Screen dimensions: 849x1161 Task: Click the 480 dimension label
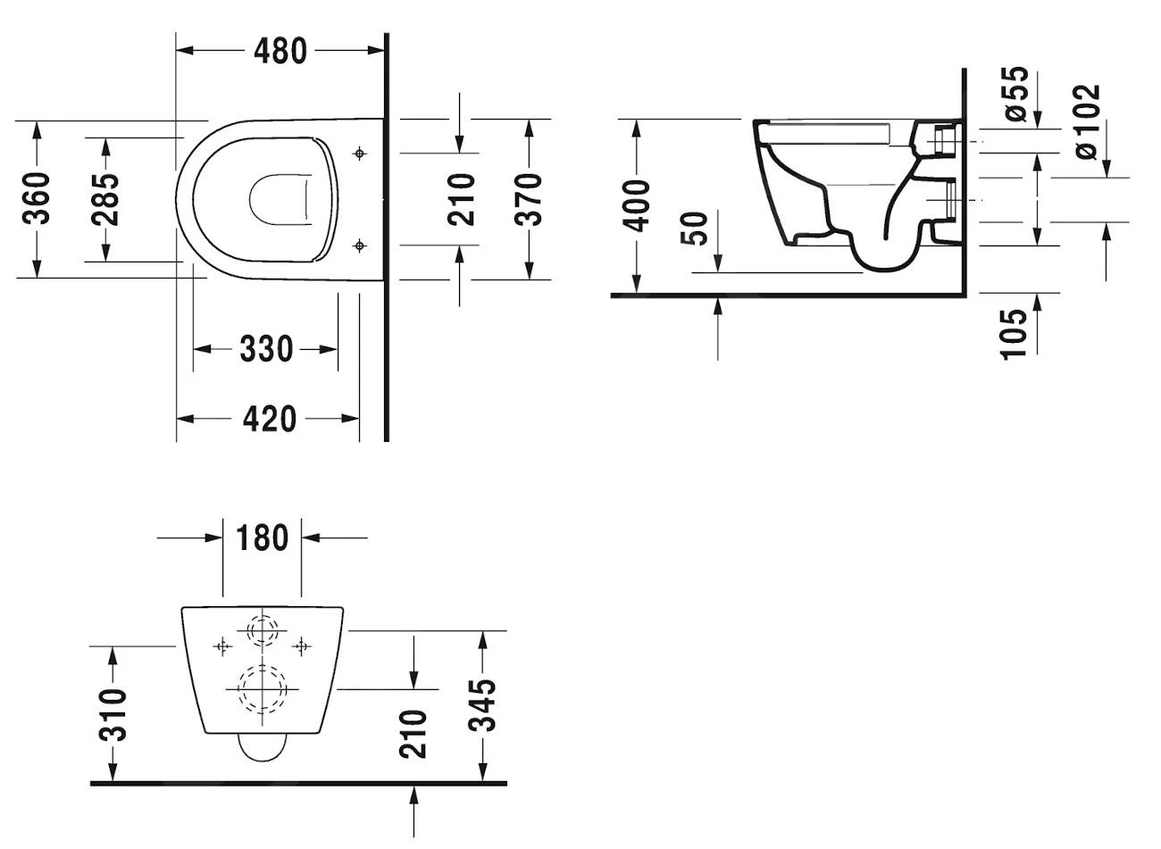[280, 51]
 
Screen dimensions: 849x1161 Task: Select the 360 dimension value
[37, 198]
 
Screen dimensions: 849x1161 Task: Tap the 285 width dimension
[105, 198]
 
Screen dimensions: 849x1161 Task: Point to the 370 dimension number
[530, 198]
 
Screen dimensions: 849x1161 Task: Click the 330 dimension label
[266, 349]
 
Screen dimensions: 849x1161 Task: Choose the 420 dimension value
[269, 418]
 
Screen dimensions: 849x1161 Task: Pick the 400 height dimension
[637, 205]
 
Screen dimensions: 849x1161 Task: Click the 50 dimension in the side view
[698, 229]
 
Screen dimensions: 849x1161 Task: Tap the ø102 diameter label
[1087, 122]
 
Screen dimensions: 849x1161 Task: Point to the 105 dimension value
[1014, 334]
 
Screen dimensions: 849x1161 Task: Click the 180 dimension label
[262, 538]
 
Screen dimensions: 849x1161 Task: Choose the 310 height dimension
[113, 714]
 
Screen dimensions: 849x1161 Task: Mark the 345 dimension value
[483, 705]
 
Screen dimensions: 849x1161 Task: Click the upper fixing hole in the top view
[360, 154]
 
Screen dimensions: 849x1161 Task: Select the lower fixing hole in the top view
[360, 246]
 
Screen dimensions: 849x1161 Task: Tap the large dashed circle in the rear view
[260, 689]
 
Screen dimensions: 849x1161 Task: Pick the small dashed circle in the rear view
[262, 630]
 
